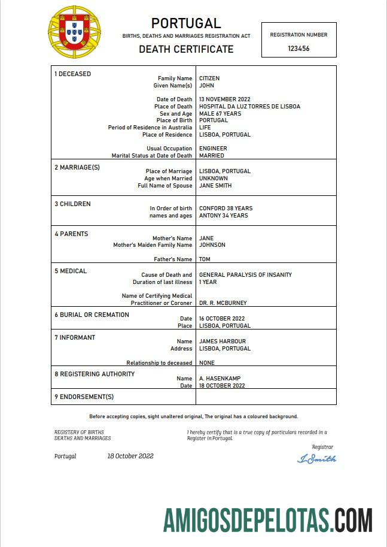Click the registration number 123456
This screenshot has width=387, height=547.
[298, 49]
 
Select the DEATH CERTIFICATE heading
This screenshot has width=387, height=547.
[186, 49]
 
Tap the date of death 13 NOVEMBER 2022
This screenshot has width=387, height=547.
[224, 99]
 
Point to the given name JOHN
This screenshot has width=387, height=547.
[206, 86]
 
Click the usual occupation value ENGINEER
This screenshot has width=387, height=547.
[213, 149]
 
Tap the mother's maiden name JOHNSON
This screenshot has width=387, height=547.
[212, 245]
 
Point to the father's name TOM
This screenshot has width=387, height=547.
[205, 259]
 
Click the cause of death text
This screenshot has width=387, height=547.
[245, 275]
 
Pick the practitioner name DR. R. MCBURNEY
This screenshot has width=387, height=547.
[223, 303]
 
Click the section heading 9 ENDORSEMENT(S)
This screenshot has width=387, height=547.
[84, 397]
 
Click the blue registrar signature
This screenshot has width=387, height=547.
[316, 459]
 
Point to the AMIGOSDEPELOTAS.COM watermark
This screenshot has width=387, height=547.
[268, 519]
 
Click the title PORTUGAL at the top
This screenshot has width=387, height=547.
[186, 23]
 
